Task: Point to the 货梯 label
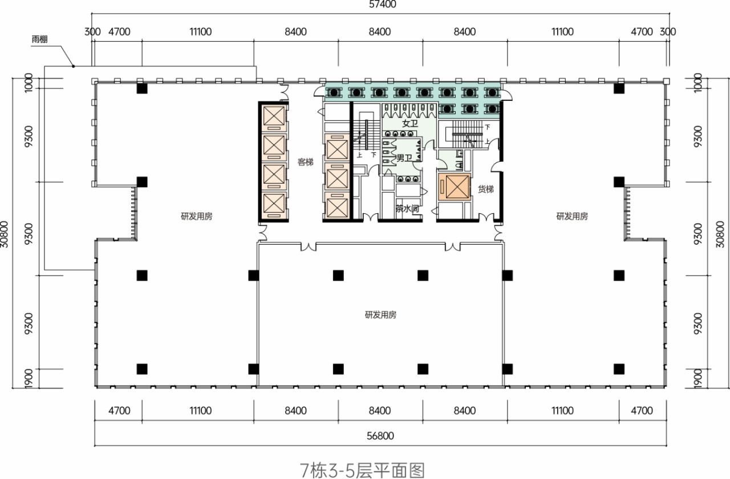point(485,189)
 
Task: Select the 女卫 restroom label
point(409,123)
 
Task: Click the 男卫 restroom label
point(404,157)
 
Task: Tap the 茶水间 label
point(407,209)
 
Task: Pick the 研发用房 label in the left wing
point(197,216)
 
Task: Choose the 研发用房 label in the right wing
point(572,216)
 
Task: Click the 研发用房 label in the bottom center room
point(380,315)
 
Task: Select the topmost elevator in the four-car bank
point(273,117)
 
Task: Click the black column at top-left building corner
point(142,88)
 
